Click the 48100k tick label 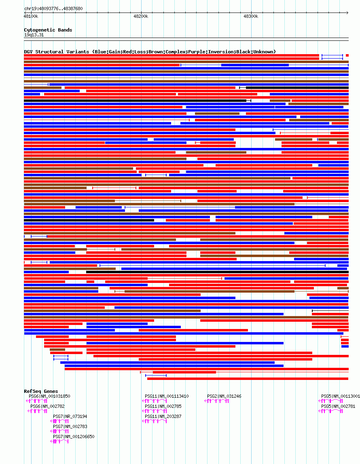(31, 16)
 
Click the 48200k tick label (141, 16)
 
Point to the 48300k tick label (251, 16)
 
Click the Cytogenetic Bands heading (48, 30)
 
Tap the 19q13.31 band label (34, 35)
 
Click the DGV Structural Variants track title (150, 52)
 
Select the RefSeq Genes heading (41, 391)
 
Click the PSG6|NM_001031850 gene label (50, 396)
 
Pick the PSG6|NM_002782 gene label (47, 406)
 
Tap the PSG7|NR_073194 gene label (70, 416)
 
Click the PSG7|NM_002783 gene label (70, 426)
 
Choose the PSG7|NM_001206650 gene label (74, 437)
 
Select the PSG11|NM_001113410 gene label (167, 396)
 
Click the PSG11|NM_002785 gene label (163, 406)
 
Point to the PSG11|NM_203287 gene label (163, 416)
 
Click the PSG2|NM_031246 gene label (224, 396)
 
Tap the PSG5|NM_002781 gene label (338, 406)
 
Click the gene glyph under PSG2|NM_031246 (217, 401)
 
